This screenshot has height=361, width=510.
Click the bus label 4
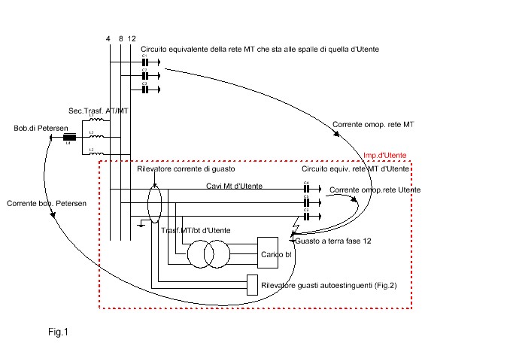tap(109, 38)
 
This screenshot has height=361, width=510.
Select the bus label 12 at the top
tap(132, 38)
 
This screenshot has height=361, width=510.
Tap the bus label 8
tap(120, 38)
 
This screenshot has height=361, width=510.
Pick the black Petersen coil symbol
tap(68, 138)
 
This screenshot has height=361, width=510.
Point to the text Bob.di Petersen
tap(38, 128)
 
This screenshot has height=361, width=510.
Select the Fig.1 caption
tap(57, 330)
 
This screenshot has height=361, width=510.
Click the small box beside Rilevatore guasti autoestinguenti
tap(252, 286)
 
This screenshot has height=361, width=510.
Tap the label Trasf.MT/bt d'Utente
tap(195, 229)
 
